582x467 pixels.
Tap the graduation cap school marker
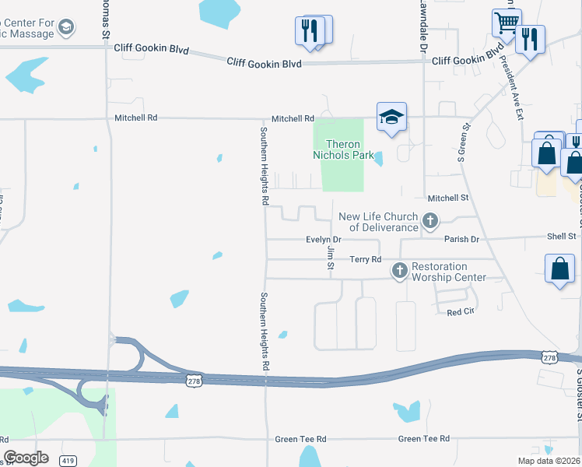pyautogui.click(x=391, y=118)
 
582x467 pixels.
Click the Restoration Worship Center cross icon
pyautogui.click(x=400, y=271)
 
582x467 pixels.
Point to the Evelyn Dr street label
pyautogui.click(x=324, y=240)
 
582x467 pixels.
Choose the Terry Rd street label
pyautogui.click(x=365, y=259)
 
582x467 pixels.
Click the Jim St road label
pyautogui.click(x=331, y=258)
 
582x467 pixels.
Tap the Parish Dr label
pyautogui.click(x=461, y=239)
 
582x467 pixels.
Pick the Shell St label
pyautogui.click(x=561, y=236)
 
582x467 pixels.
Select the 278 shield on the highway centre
pyautogui.click(x=194, y=379)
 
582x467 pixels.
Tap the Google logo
pyautogui.click(x=26, y=458)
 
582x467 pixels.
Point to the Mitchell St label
pyautogui.click(x=448, y=198)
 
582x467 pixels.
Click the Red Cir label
pyautogui.click(x=461, y=312)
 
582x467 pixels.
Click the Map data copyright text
pyautogui.click(x=549, y=461)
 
